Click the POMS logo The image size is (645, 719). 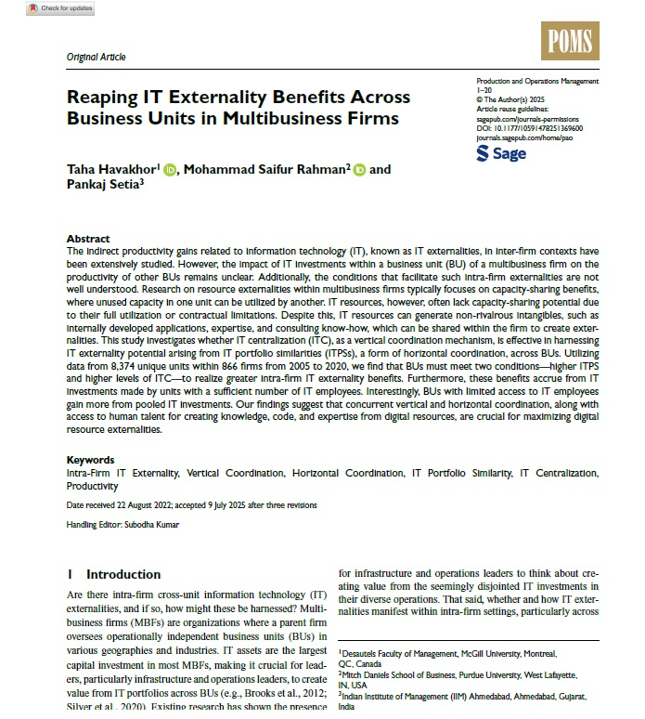point(570,41)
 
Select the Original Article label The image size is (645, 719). point(96,57)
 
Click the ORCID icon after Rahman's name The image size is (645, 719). point(359,169)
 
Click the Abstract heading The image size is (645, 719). point(88,239)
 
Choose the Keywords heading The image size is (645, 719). point(91,460)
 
